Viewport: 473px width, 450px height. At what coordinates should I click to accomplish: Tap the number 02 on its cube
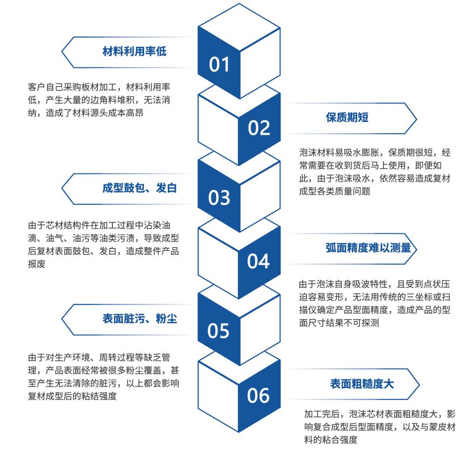click(259, 128)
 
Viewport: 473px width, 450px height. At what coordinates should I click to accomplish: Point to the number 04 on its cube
click(259, 261)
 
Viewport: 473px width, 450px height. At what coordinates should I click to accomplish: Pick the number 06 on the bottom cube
click(259, 396)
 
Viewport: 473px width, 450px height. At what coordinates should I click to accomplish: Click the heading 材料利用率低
click(134, 52)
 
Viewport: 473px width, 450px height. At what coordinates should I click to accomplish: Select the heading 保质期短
click(347, 117)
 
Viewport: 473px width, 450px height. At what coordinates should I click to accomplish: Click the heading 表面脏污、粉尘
click(140, 319)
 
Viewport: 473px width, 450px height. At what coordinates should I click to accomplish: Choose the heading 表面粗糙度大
click(362, 384)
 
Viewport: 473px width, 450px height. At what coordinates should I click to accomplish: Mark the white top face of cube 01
click(239, 24)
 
